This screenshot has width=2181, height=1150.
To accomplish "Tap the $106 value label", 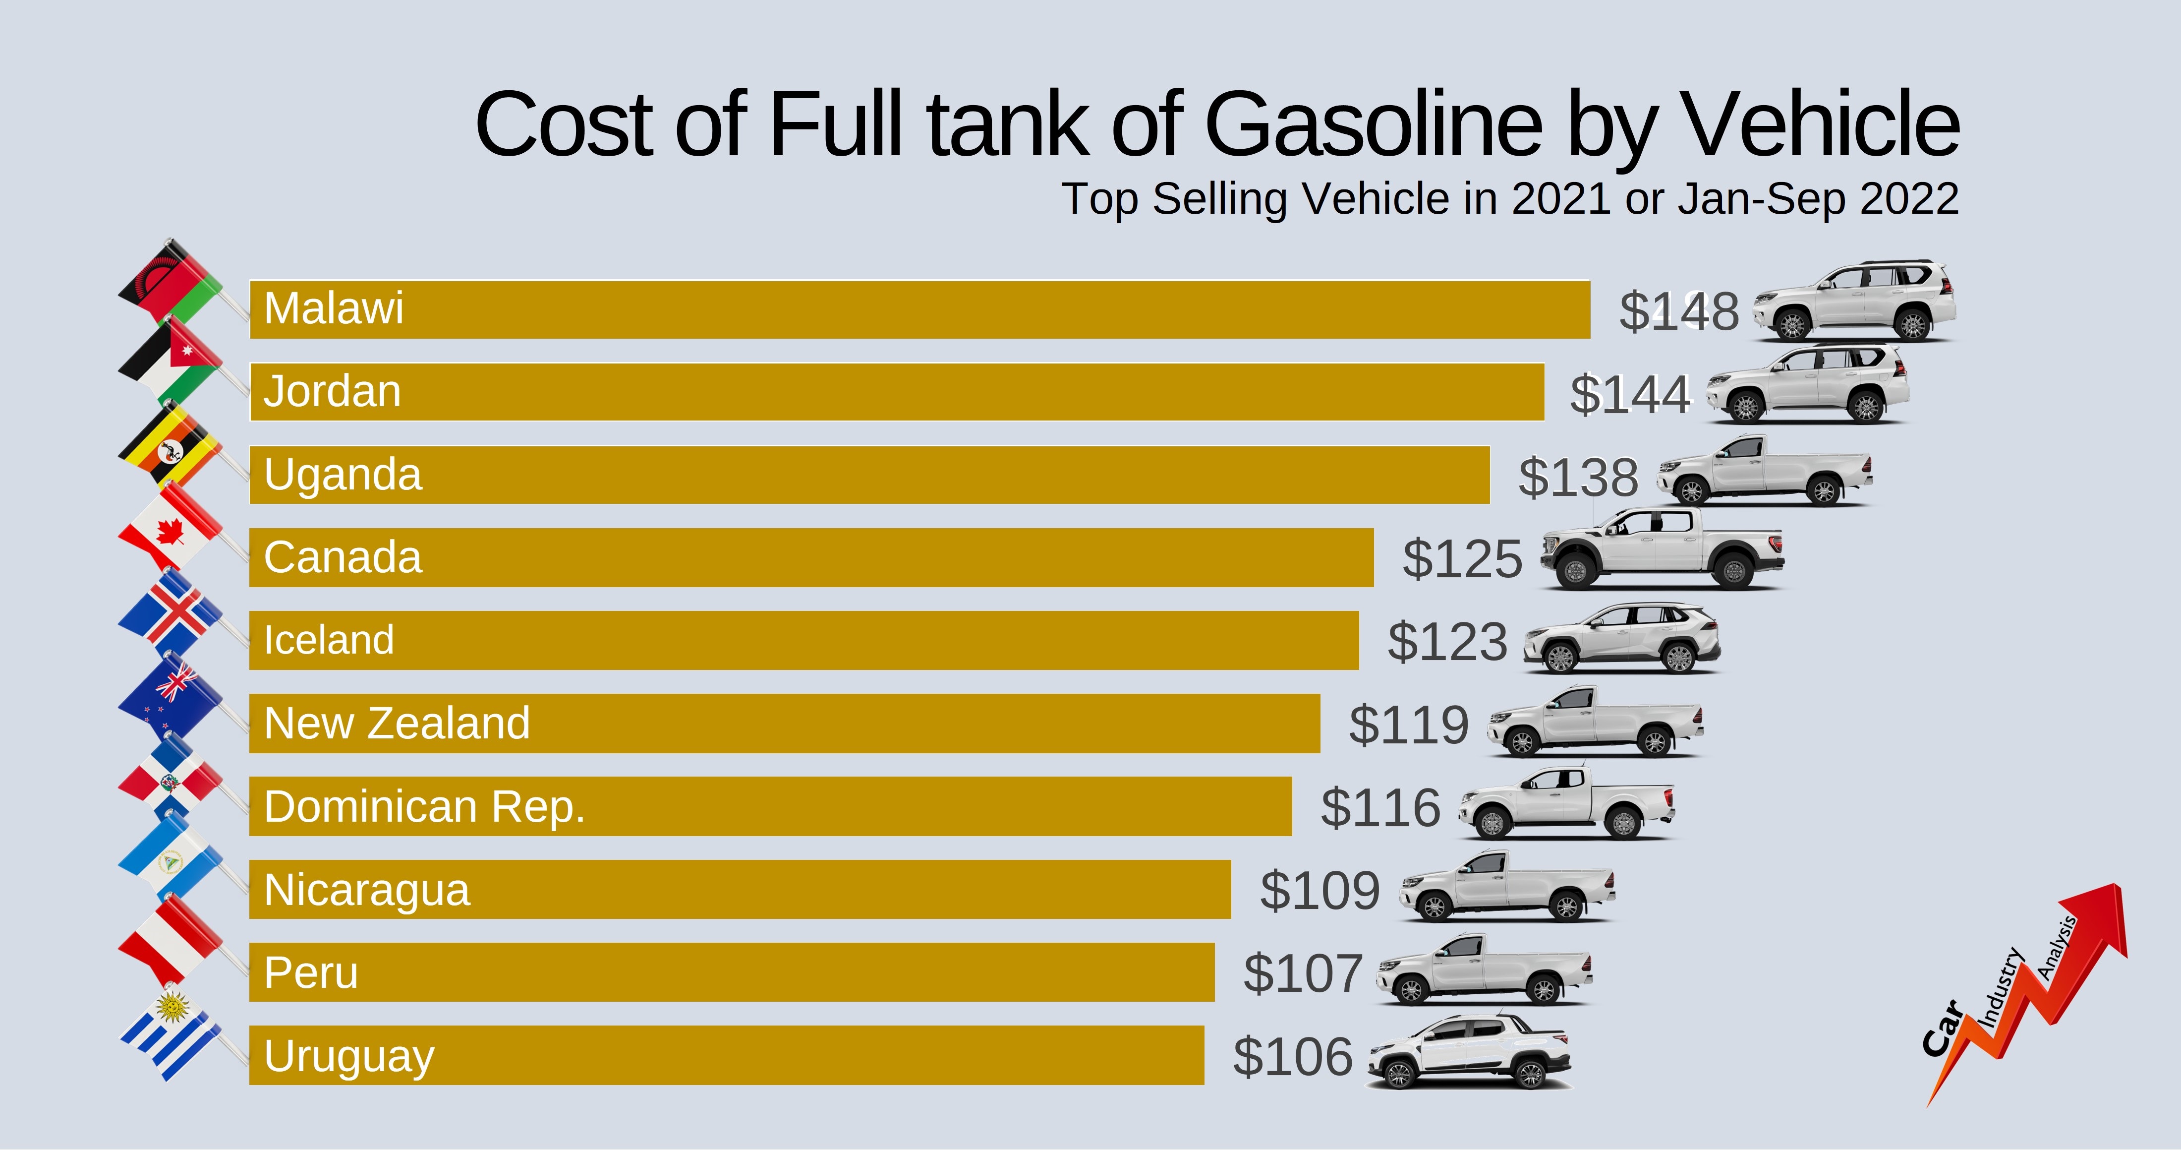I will [x=1293, y=1057].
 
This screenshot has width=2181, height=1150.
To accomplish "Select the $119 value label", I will [x=1408, y=725].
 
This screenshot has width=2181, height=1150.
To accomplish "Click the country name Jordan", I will [x=332, y=391].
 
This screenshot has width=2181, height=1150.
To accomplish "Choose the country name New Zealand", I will [x=396, y=723].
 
